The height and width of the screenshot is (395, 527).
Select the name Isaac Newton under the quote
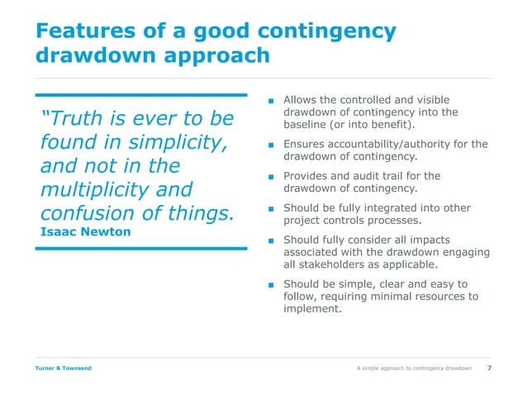click(85, 231)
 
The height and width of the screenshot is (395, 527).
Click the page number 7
click(491, 368)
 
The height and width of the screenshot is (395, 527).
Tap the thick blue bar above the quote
click(141, 94)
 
